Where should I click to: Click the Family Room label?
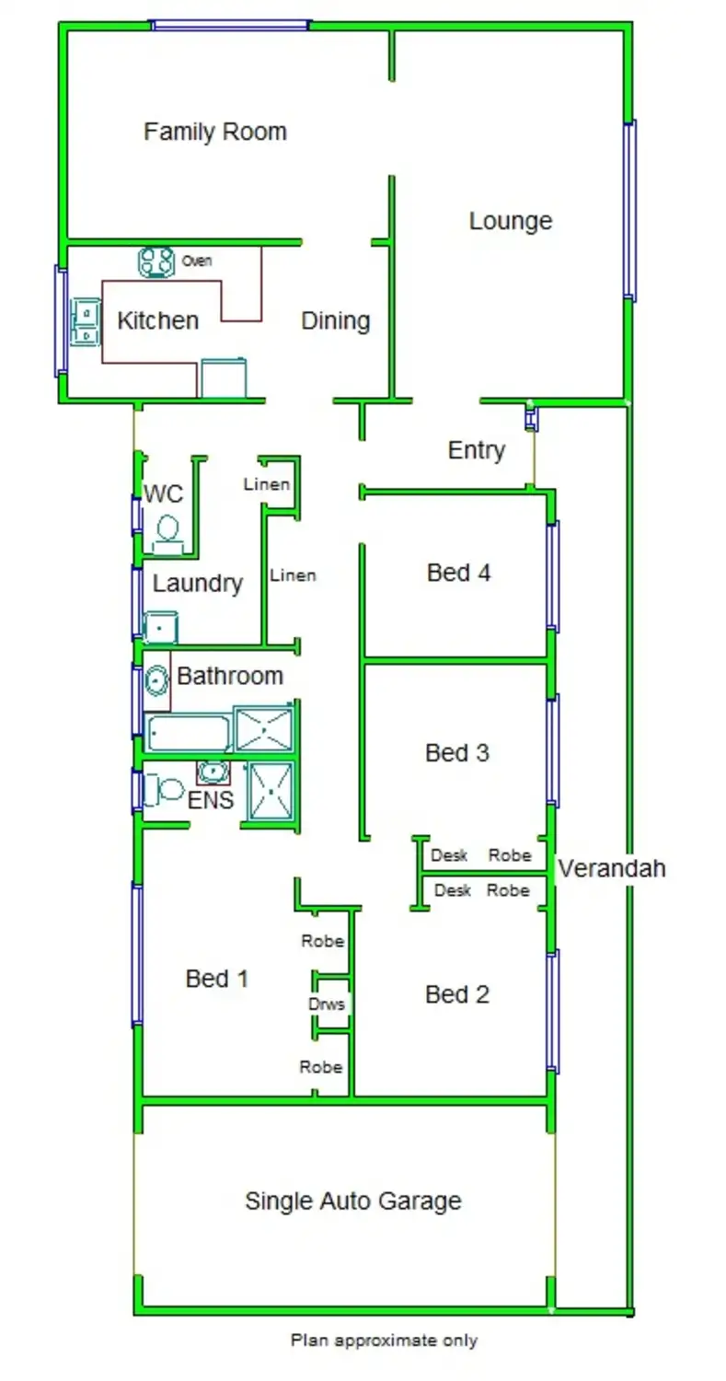214,132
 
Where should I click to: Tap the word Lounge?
510,221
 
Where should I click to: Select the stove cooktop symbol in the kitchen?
156,262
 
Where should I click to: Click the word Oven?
197,261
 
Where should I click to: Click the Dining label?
336,320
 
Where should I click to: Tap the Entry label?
476,450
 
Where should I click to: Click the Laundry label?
197,583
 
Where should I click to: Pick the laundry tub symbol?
161,628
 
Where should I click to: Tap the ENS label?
210,800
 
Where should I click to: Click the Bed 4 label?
458,573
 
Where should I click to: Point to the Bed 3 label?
456,753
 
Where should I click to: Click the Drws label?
327,1004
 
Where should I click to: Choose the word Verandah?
612,867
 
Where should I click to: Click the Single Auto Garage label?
352,1201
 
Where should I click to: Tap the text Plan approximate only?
384,1340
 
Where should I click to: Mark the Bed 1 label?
217,978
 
